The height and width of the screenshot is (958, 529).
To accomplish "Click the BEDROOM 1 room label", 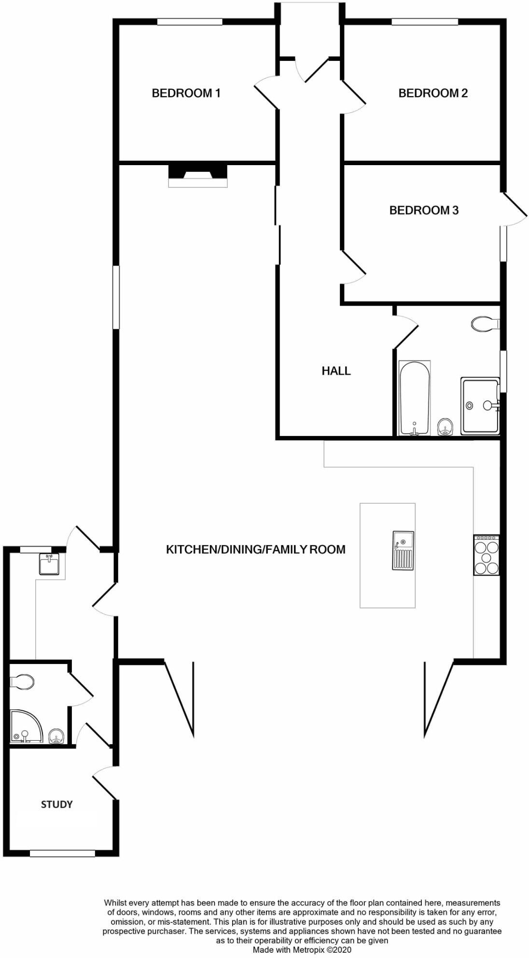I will [x=186, y=93].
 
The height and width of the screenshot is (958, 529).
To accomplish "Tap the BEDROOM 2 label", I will [x=433, y=93].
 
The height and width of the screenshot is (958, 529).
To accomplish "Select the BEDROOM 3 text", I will [x=424, y=211].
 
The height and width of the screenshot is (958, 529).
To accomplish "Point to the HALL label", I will [x=336, y=371].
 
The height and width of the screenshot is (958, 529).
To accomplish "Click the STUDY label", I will [x=56, y=804].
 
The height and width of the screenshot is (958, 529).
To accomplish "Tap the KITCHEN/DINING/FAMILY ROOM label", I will [x=255, y=549].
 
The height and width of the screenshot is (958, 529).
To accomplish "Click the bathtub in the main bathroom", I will [x=414, y=397].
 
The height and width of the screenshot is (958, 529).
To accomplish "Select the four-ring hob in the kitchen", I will [x=486, y=555].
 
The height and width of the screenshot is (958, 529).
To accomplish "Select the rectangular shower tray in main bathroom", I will [x=479, y=406].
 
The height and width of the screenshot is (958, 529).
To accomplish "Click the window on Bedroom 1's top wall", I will [x=190, y=21].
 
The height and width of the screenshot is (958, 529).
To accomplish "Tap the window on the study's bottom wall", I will [x=62, y=854].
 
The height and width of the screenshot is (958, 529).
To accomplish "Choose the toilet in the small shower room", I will [x=23, y=682].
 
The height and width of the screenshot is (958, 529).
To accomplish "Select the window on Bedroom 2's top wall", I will [x=424, y=21].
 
